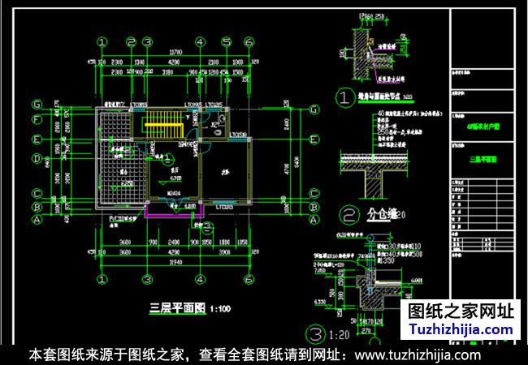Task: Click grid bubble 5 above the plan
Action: (x=227, y=42)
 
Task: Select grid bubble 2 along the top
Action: (x=130, y=42)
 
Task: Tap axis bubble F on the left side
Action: (x=37, y=120)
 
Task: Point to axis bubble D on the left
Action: (x=37, y=158)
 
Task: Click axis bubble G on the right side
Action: (x=313, y=104)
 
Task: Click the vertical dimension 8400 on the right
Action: (x=302, y=160)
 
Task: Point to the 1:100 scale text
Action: (x=220, y=309)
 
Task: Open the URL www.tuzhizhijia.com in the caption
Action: (x=418, y=355)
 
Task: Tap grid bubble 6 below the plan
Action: (x=248, y=278)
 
